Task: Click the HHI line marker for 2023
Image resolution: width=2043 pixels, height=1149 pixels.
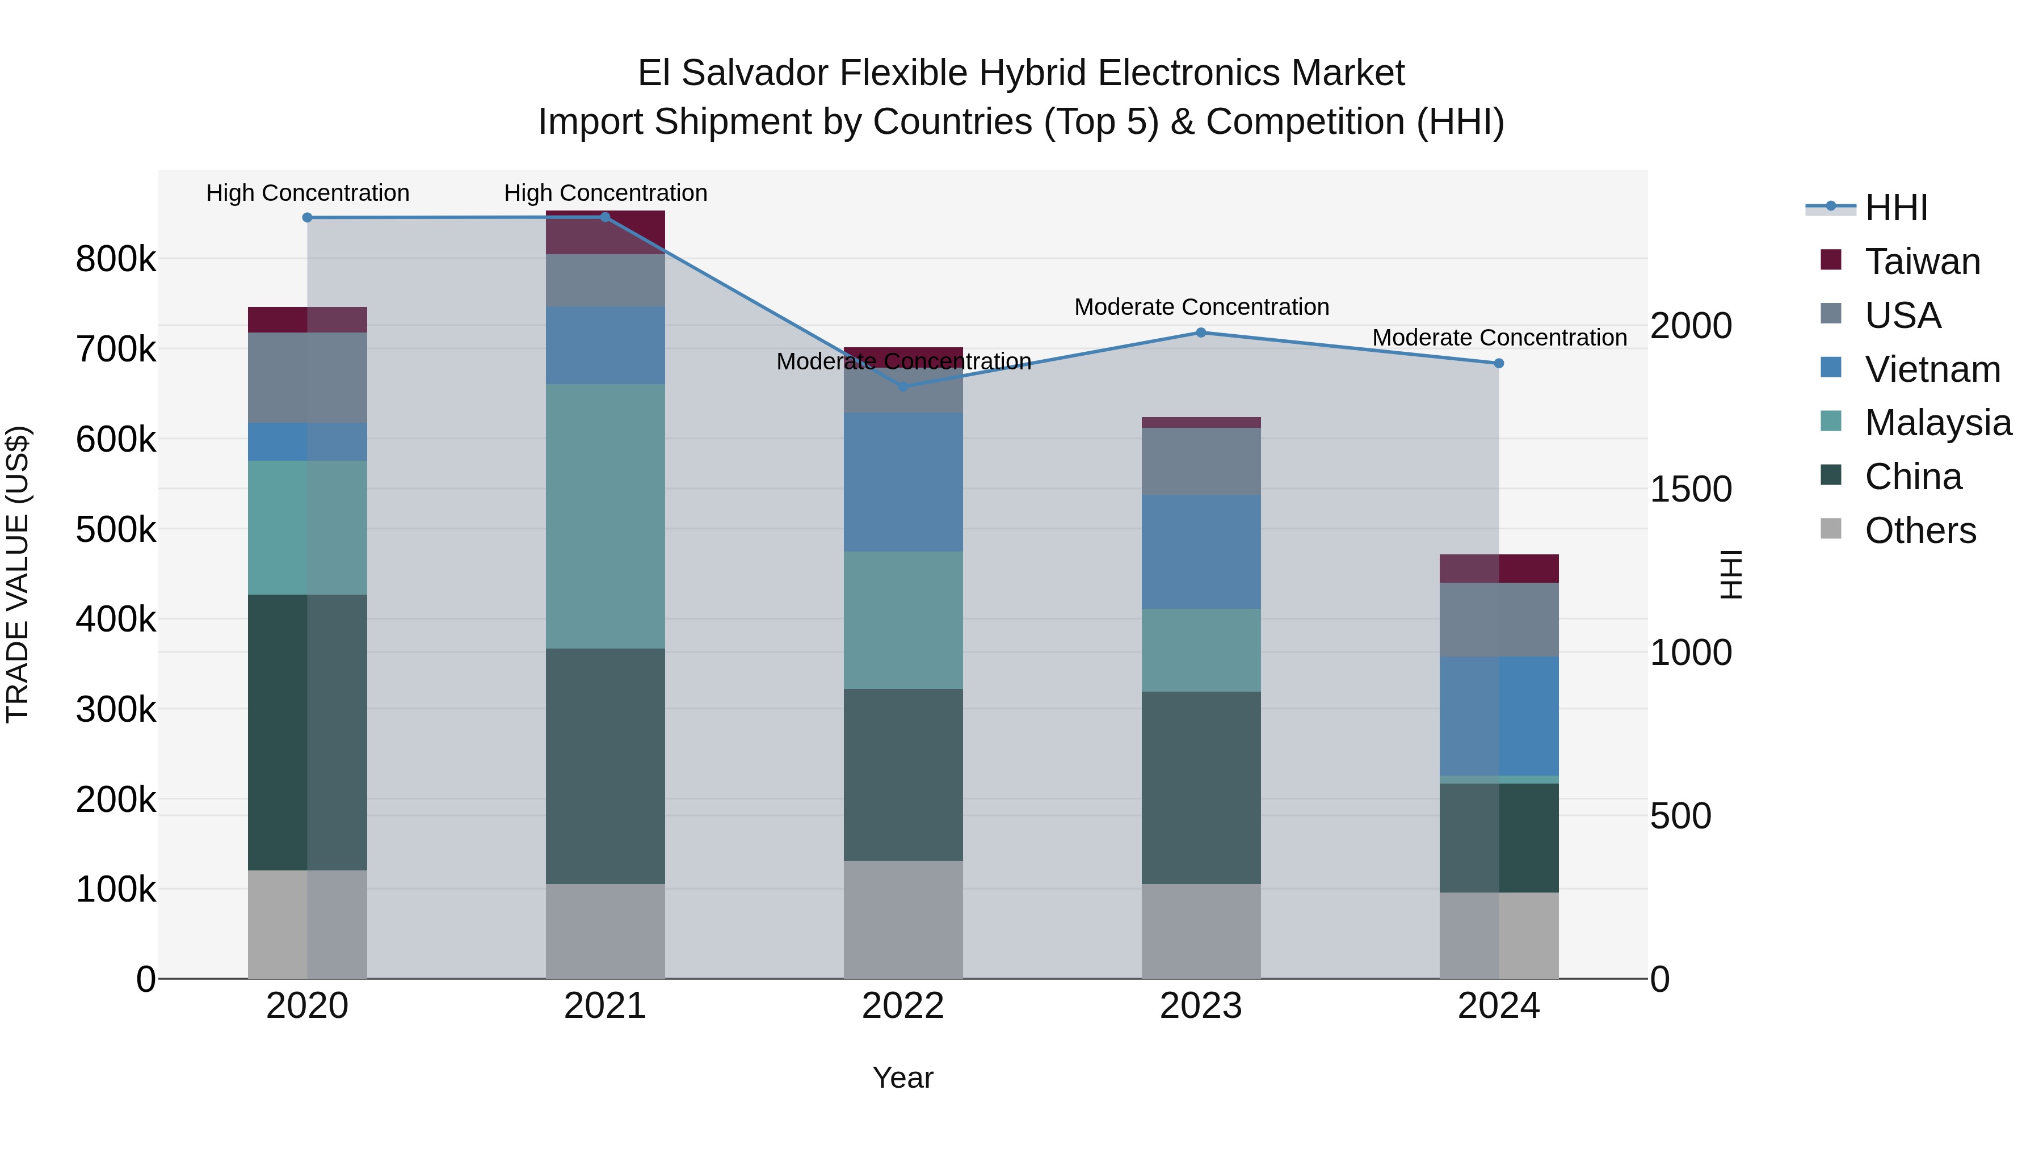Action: (x=1201, y=333)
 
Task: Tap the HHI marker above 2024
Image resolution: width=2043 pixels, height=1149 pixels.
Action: (x=1499, y=363)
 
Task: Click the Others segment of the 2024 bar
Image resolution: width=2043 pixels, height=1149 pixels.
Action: (x=1499, y=935)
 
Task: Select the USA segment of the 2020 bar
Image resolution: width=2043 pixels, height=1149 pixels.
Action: (x=308, y=377)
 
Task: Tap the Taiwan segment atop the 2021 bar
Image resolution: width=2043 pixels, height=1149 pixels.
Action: (x=605, y=232)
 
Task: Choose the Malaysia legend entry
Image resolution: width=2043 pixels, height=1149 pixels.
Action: (x=1937, y=423)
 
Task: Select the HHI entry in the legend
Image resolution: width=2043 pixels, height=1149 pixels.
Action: (x=1895, y=208)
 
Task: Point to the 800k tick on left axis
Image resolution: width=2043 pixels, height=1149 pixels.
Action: (x=116, y=259)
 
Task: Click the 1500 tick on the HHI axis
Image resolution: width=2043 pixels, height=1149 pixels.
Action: (x=1691, y=489)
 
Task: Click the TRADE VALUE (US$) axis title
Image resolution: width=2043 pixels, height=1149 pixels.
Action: (x=18, y=574)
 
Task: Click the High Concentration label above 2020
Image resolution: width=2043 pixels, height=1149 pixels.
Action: (x=308, y=193)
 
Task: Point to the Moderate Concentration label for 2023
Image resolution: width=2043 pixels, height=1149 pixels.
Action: (x=1201, y=307)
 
